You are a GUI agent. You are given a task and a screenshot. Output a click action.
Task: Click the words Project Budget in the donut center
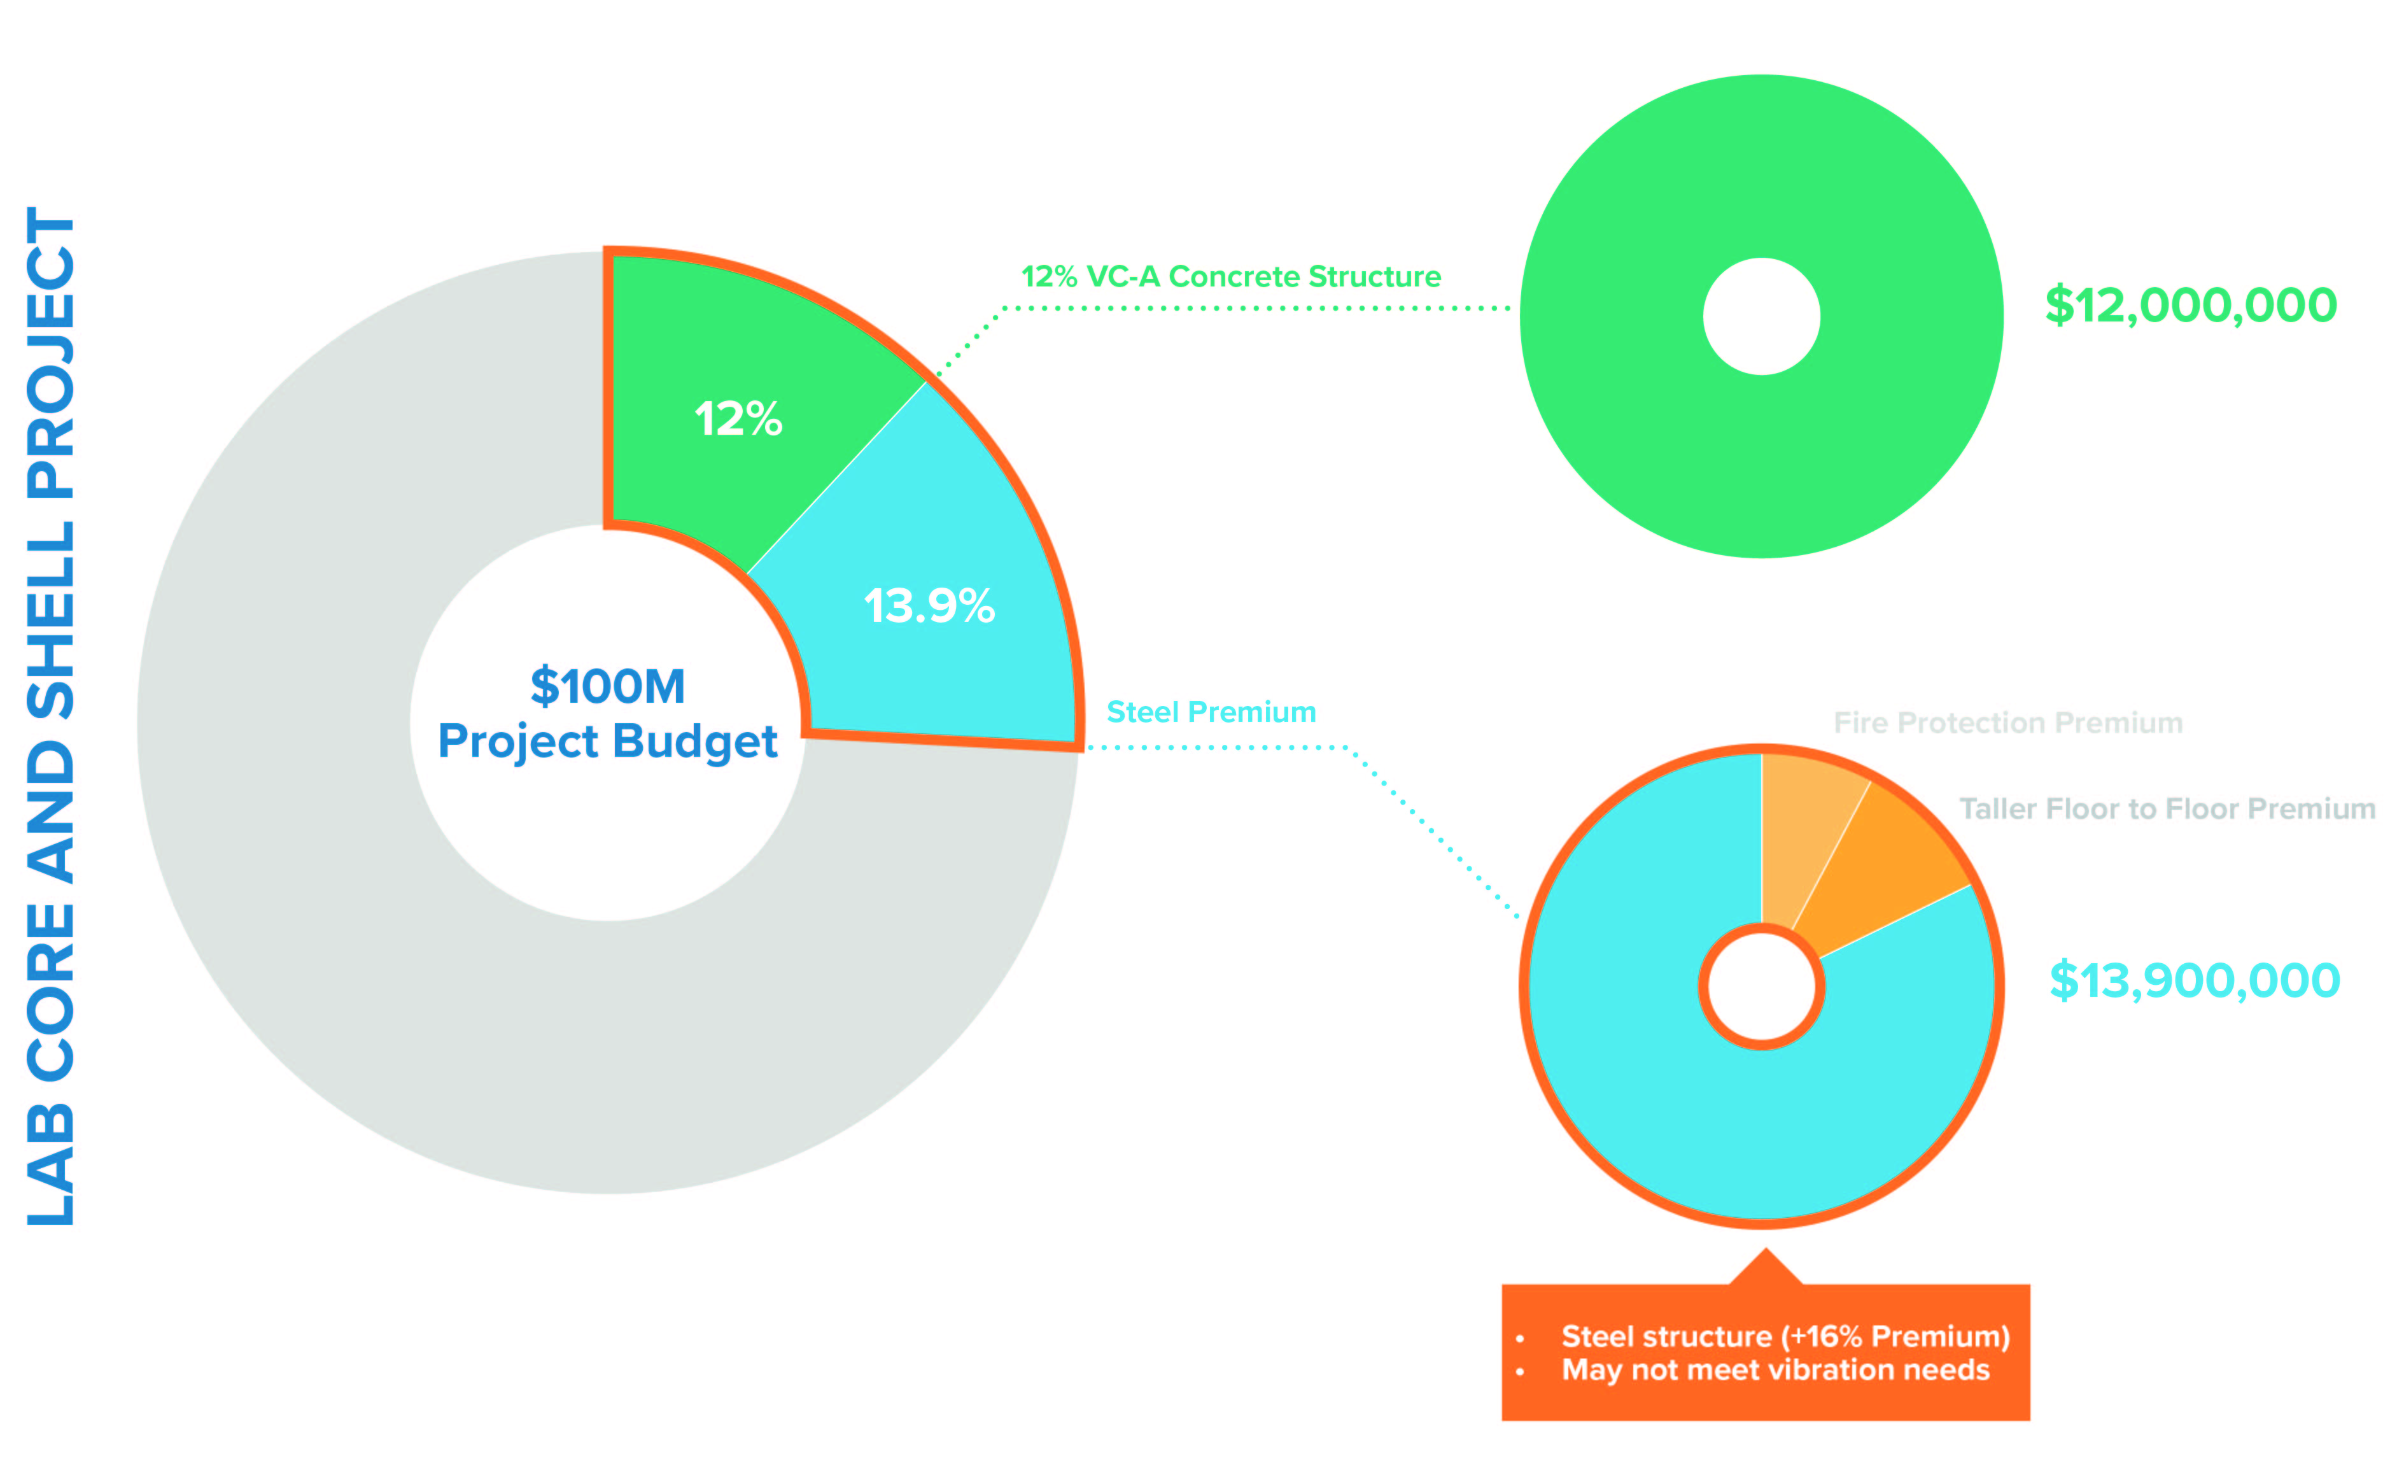[608, 741]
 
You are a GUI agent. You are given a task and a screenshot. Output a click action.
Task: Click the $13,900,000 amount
[2194, 980]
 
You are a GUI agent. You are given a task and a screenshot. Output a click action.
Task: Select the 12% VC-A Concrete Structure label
[1231, 276]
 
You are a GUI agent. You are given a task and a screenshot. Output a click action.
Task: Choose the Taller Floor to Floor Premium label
[2167, 808]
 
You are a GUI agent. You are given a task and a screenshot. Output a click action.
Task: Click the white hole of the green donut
[1761, 316]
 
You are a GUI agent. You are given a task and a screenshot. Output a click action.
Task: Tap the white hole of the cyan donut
[1761, 986]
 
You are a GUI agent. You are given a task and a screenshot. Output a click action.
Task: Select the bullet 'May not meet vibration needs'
[1775, 1369]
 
